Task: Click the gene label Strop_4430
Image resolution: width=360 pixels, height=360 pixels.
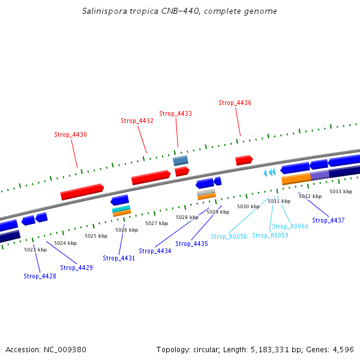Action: [x=70, y=134]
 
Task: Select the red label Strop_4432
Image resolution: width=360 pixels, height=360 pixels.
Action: [x=137, y=121]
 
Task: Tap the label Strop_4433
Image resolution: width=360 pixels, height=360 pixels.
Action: [x=175, y=113]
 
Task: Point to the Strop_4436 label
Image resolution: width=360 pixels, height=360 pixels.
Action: [x=235, y=103]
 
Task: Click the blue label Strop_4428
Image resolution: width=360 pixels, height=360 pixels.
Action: [x=40, y=276]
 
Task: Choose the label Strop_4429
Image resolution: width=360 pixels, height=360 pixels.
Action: [x=76, y=268]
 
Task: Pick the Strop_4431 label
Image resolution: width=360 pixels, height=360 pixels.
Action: [x=119, y=258]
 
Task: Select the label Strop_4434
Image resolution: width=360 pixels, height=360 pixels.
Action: [x=155, y=251]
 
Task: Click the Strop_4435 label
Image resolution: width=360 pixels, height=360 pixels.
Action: [x=191, y=244]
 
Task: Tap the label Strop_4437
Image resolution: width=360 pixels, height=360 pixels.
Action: [x=328, y=220]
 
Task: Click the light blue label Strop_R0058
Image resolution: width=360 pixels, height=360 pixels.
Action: [x=229, y=236]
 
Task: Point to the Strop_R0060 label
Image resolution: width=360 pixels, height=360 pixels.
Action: [x=290, y=226]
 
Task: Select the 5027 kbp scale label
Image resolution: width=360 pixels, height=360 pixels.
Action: [x=157, y=223]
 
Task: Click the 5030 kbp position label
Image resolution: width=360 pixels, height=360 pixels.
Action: [x=248, y=206]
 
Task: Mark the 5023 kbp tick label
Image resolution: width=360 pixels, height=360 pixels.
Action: [x=35, y=250]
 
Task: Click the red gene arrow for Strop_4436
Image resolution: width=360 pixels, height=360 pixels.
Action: [x=244, y=160]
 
